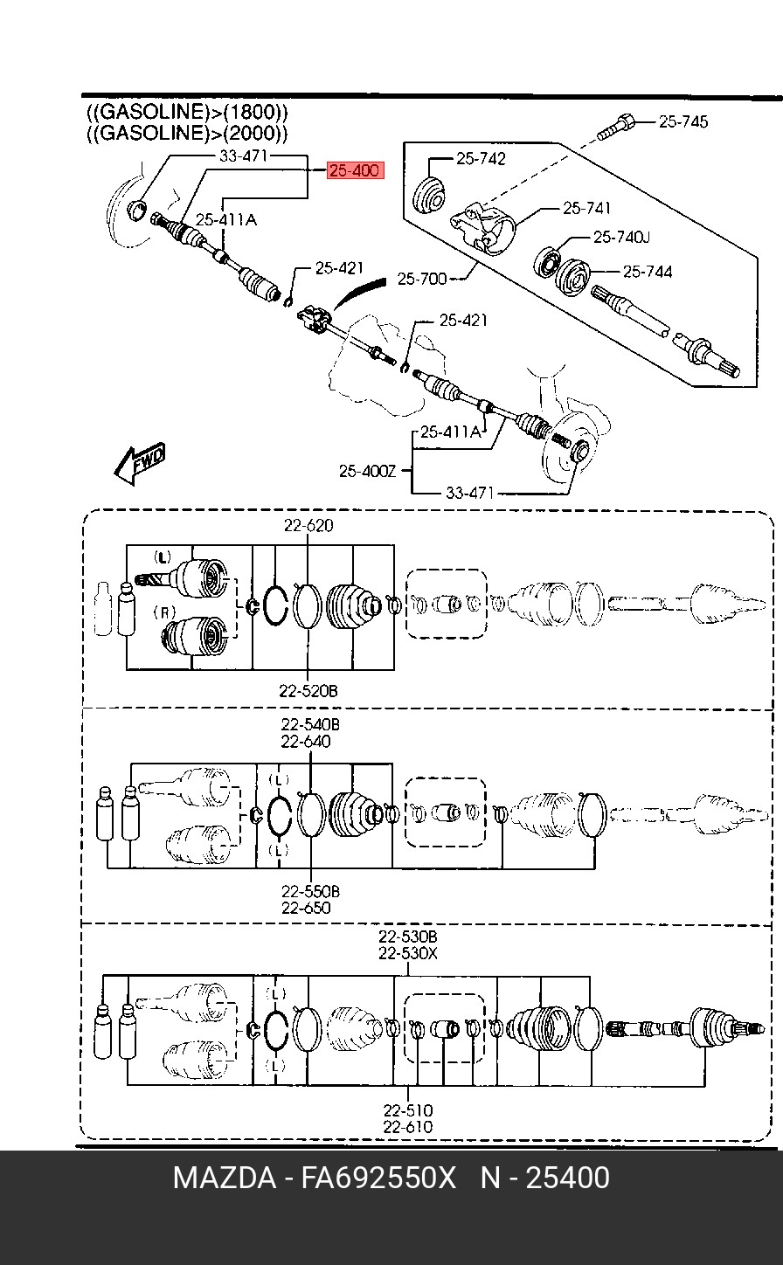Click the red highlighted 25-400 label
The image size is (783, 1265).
coord(356,170)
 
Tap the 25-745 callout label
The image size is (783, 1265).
coord(683,121)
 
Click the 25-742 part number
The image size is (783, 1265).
coord(481,159)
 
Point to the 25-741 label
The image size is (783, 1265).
coord(586,209)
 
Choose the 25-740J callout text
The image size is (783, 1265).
coord(621,238)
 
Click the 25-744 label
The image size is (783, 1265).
coord(648,273)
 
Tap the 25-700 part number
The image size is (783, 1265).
coord(421,279)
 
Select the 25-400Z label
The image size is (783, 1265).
coord(367,471)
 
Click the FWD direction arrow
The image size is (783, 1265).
coord(140,463)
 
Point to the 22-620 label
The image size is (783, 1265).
coord(308,525)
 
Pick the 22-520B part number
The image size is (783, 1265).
coord(308,691)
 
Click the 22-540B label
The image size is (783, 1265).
coord(310,724)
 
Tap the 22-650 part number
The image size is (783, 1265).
coord(306,908)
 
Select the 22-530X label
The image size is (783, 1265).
coord(408,953)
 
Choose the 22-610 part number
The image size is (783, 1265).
coord(408,1127)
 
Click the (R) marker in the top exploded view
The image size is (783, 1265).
coord(164,612)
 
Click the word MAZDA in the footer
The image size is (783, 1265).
coord(225,1178)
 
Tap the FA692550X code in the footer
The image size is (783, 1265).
coord(378,1178)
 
